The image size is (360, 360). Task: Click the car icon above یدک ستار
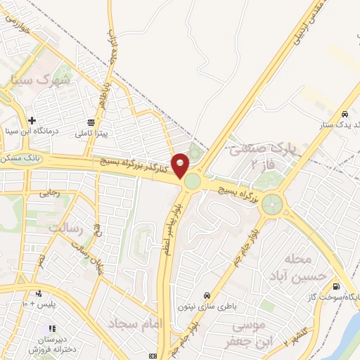pos(345,114)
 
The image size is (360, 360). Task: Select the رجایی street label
pos(50,192)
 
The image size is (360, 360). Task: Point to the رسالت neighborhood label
pos(66,229)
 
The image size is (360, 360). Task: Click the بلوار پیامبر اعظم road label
pos(169,229)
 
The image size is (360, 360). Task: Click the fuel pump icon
pos(335,287)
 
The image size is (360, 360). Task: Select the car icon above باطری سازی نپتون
pos(206,296)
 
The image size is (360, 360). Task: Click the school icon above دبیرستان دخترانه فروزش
pos(51,328)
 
